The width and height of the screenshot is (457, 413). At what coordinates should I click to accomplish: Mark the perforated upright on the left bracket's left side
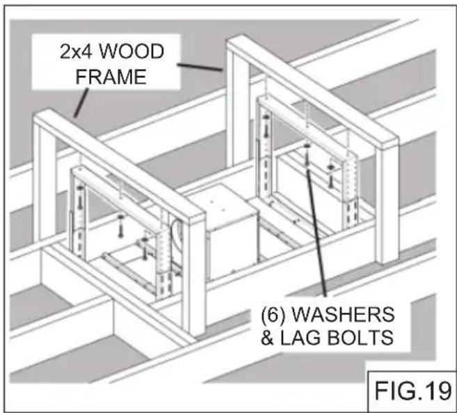pos(78,209)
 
